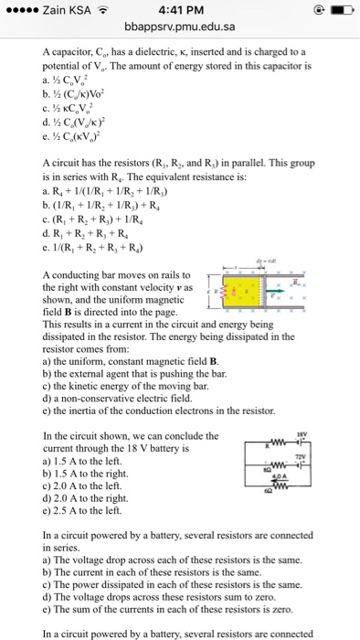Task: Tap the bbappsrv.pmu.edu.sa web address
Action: pos(180,27)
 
